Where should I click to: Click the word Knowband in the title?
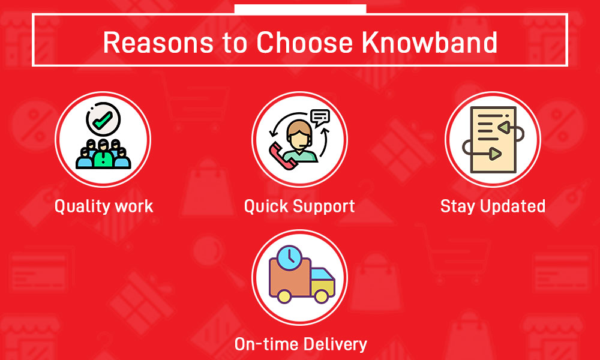429,42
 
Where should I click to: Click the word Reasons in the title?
158,42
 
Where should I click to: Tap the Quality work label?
104,206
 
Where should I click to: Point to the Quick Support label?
299,206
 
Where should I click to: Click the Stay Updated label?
493,206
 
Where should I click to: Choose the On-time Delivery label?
301,344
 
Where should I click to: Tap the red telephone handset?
282,155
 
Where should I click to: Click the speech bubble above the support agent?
320,118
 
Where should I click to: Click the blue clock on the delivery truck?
289,257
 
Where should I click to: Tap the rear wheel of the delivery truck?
284,296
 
